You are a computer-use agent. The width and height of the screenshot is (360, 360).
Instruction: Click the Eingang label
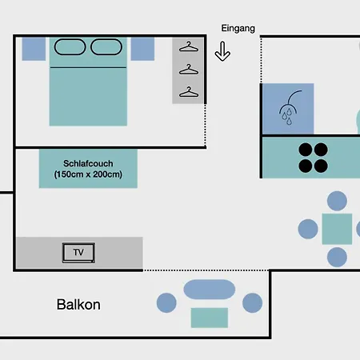pyautogui.click(x=238, y=28)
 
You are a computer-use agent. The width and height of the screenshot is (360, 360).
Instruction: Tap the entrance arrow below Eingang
pyautogui.click(x=222, y=51)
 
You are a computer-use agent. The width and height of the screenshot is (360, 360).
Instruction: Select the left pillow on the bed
pyautogui.click(x=70, y=47)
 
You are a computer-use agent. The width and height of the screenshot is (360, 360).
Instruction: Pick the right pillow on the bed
pyautogui.click(x=106, y=47)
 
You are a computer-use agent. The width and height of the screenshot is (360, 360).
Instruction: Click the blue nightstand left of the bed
pyautogui.click(x=34, y=49)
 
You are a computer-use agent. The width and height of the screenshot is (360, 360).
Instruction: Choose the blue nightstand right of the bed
pyautogui.click(x=142, y=49)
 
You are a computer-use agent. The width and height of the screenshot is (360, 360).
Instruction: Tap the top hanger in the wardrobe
pyautogui.click(x=189, y=46)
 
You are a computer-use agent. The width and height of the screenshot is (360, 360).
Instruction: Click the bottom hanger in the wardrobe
pyautogui.click(x=189, y=92)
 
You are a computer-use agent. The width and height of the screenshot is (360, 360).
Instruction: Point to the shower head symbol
pyautogui.click(x=289, y=107)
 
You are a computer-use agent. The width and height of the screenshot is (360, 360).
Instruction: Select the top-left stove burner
pyautogui.click(x=306, y=149)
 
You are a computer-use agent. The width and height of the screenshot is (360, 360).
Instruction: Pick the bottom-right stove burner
pyautogui.click(x=321, y=166)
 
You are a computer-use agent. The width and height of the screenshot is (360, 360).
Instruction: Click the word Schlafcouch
pyautogui.click(x=88, y=163)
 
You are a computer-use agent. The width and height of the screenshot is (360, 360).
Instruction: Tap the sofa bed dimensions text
pyautogui.click(x=88, y=174)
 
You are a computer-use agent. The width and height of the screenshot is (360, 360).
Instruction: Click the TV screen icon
pyautogui.click(x=78, y=253)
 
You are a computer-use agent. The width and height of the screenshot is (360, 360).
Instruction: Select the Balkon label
pyautogui.click(x=78, y=304)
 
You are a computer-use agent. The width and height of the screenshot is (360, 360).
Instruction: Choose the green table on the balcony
pyautogui.click(x=210, y=318)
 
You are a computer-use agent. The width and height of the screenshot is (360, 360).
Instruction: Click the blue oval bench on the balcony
pyautogui.click(x=210, y=290)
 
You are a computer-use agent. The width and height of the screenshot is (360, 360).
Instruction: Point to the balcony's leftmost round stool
pyautogui.click(x=166, y=302)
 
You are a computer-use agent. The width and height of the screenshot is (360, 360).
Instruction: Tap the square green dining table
pyautogui.click(x=337, y=229)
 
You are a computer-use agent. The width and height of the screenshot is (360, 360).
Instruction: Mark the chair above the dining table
pyautogui.click(x=337, y=201)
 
